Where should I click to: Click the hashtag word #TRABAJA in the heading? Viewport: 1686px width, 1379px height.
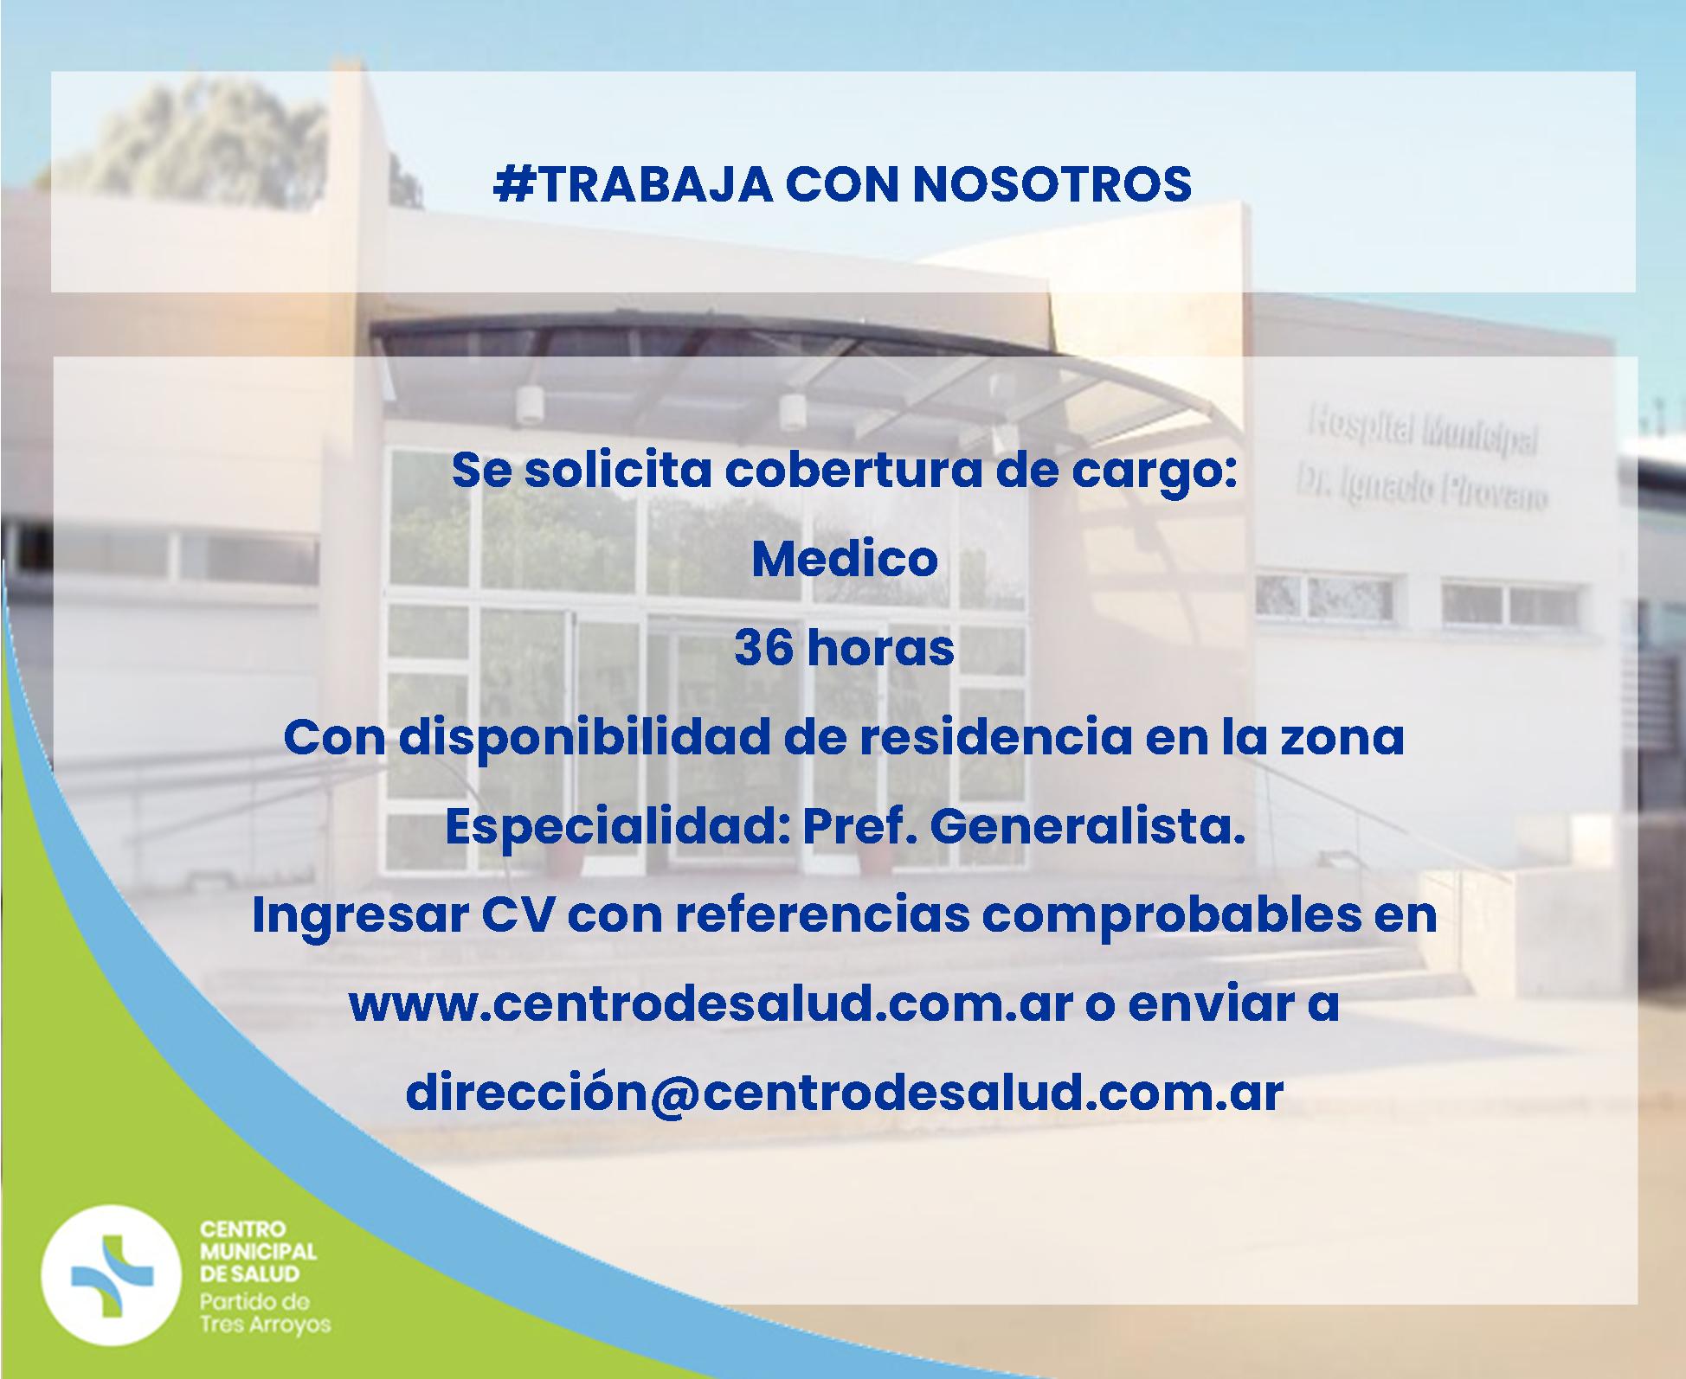[x=633, y=184]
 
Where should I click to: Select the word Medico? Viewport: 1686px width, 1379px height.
[x=845, y=559]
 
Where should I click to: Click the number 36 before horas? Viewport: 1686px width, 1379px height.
[x=764, y=648]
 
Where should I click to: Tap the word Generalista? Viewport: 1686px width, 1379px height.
[x=1087, y=827]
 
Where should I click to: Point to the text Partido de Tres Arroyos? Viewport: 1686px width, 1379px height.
[x=265, y=1313]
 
